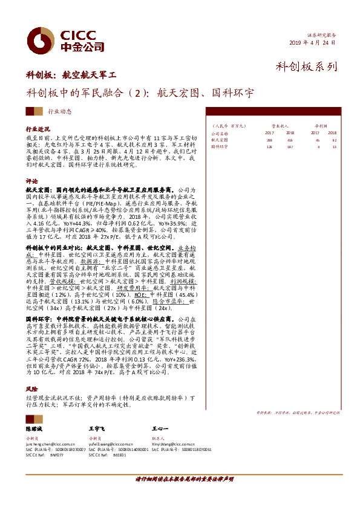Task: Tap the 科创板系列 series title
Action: point(306,67)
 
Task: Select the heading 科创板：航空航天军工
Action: point(71,76)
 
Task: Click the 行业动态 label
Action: point(59,112)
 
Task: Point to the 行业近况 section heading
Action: point(38,130)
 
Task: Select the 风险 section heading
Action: point(31,389)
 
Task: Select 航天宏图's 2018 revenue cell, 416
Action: point(290,139)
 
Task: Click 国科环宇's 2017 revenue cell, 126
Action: point(270,146)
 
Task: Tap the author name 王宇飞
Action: point(97,427)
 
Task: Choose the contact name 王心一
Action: point(160,427)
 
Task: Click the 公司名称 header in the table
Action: point(220,132)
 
